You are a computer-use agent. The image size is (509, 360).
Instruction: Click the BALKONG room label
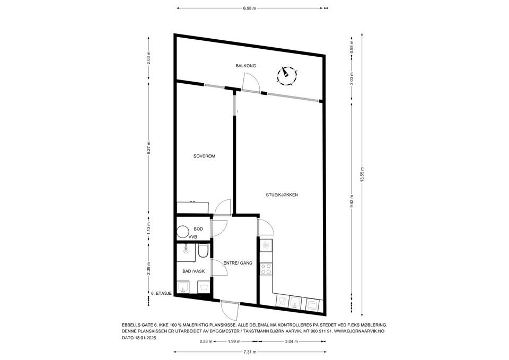coord(246,66)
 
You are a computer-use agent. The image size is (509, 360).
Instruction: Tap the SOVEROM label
coord(204,156)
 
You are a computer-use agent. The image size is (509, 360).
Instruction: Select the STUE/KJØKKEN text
coord(282,195)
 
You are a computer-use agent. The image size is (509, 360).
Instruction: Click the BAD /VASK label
coord(193,271)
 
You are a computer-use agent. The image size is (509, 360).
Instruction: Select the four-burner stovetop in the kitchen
coord(265,269)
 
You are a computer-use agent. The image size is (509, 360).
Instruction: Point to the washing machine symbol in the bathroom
coord(204,287)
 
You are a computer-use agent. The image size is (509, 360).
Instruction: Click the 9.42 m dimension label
coord(352,201)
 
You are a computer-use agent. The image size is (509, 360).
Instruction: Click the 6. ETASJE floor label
coord(161,293)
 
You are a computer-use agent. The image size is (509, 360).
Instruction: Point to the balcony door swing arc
coord(251,81)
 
